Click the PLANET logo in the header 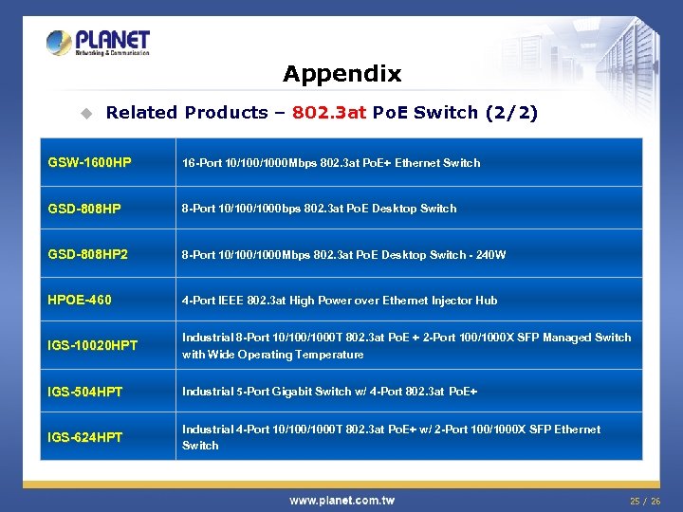pos(98,43)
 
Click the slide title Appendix pos(341,73)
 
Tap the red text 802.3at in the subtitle pos(329,113)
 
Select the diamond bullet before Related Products pos(86,113)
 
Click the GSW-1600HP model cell pos(89,163)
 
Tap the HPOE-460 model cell pos(80,301)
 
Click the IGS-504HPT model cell pos(85,392)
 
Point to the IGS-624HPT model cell pos(85,437)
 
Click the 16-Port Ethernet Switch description pos(331,163)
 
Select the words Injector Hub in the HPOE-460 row pos(461,301)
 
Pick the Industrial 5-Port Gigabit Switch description pos(316,392)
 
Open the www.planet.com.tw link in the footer pos(341,500)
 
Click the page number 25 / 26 pos(645,500)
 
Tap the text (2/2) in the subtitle pos(511,113)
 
